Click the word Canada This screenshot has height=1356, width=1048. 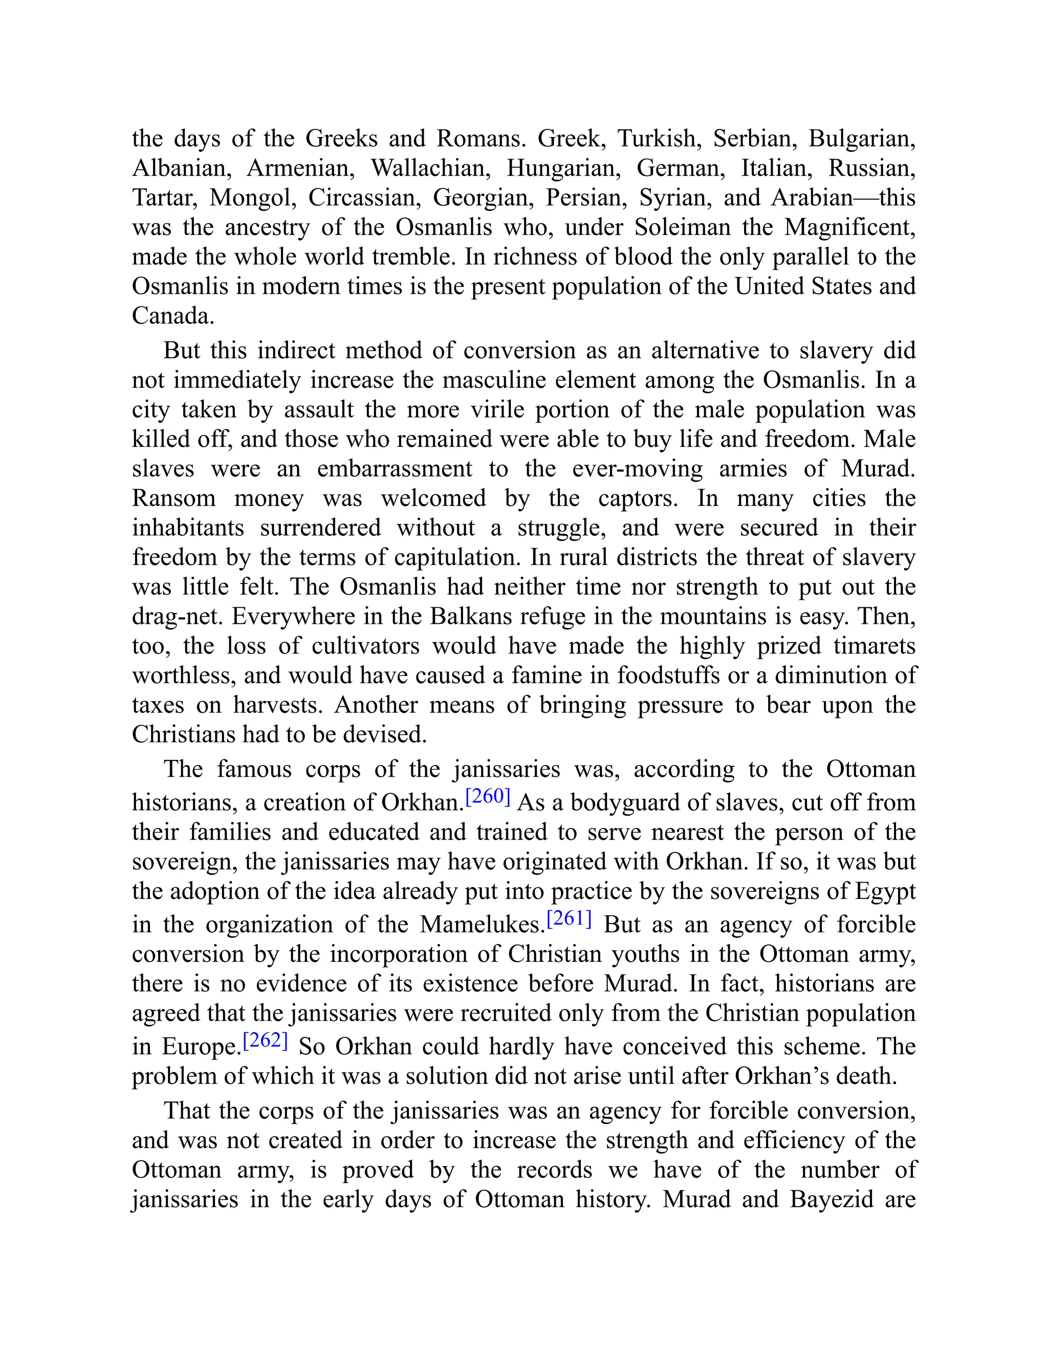click(x=172, y=316)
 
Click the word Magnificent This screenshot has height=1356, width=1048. click(x=849, y=227)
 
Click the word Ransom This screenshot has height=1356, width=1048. click(x=174, y=498)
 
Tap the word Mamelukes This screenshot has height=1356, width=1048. click(x=481, y=925)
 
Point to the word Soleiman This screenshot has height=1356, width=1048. click(x=682, y=227)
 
